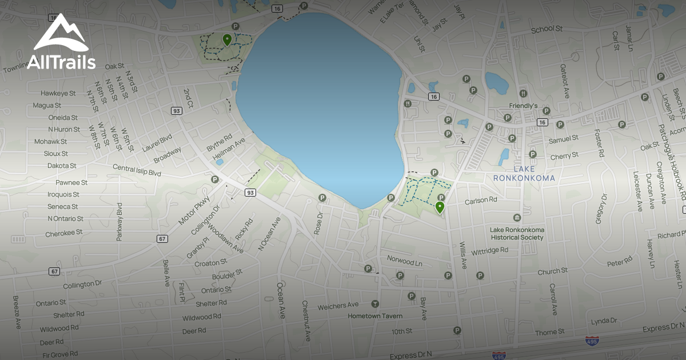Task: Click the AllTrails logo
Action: tap(61, 43)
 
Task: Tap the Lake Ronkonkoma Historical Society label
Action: tap(517, 234)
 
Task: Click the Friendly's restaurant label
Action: tap(524, 106)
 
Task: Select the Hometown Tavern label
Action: tap(375, 316)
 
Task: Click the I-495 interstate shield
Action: tap(592, 341)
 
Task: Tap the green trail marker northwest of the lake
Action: tap(227, 39)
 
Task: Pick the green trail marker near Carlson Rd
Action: tap(440, 207)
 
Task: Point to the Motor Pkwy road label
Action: tap(194, 211)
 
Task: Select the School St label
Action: tap(547, 30)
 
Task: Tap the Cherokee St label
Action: tap(64, 233)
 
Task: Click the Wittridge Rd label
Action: tap(490, 250)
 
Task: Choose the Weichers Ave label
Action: tap(338, 306)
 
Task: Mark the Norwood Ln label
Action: tap(404, 261)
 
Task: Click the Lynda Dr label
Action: tap(605, 321)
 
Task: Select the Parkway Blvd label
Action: tap(120, 222)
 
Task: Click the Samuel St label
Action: tap(563, 139)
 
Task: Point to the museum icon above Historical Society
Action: tap(517, 218)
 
